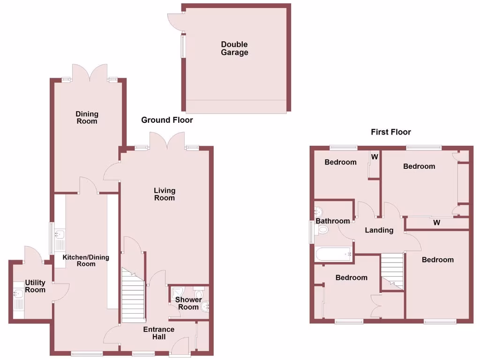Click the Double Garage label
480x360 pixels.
coord(234,48)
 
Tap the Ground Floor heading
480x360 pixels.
coord(167,120)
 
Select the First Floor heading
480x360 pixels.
coord(390,132)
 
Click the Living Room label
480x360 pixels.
coord(165,194)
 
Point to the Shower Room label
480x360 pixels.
coord(188,303)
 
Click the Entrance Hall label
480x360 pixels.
coord(159,333)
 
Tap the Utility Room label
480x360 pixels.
coord(35,286)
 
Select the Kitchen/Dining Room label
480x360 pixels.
coord(79,260)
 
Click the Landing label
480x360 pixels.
coord(379,230)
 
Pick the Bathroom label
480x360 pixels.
coord(332,221)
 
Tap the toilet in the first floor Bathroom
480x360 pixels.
coord(322,230)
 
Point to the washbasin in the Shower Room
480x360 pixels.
coord(205,307)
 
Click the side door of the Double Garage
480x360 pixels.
coord(176,20)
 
